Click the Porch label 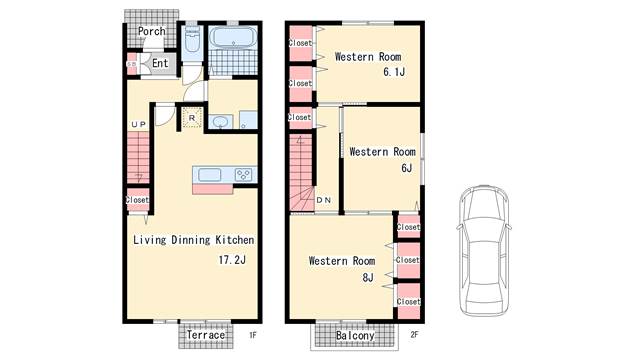point(151,31)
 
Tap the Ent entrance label point(160,63)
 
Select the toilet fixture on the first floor point(192,40)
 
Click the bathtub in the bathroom point(233,38)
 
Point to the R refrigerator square point(192,118)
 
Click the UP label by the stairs point(138,124)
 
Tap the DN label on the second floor point(324,200)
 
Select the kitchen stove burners point(243,175)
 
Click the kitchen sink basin point(210,175)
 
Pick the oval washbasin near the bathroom point(221,122)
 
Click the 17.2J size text point(232,260)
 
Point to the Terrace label point(206,335)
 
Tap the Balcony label point(355,336)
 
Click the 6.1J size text point(394,72)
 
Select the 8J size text point(368,278)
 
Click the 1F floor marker point(253,336)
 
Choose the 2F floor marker point(414,335)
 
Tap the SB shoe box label point(131,64)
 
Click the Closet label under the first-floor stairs point(137,200)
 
